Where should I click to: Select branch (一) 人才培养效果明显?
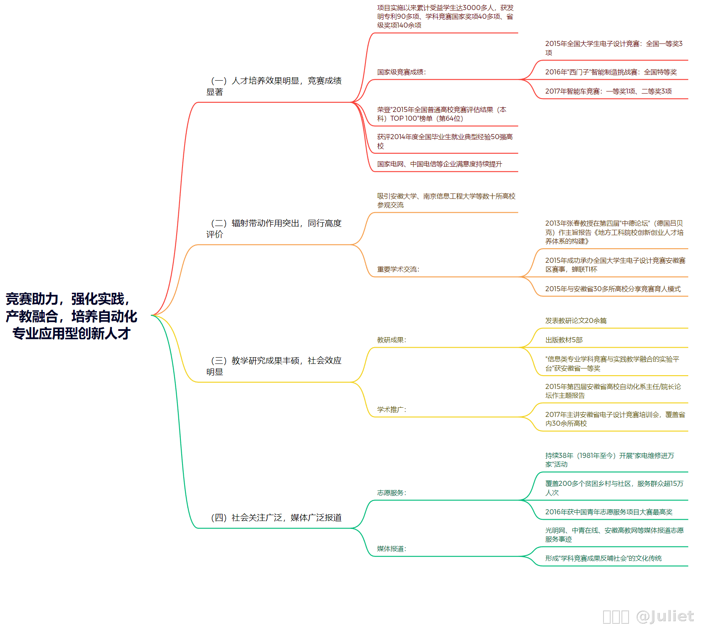(274, 86)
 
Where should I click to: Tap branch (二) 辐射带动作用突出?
(274, 229)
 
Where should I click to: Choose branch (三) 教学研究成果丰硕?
(274, 366)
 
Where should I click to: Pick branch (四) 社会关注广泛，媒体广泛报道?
(276, 518)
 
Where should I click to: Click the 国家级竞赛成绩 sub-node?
(401, 72)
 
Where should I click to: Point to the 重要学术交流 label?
(398, 269)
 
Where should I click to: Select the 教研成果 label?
(391, 340)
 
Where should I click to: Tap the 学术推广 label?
(391, 409)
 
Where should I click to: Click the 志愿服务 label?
(391, 493)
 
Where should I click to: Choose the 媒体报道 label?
(391, 549)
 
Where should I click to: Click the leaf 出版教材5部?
(564, 340)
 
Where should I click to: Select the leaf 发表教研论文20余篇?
(576, 320)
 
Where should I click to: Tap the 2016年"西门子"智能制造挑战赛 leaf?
(611, 72)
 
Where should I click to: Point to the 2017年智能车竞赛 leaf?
(608, 91)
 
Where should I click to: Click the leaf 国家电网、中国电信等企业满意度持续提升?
(439, 164)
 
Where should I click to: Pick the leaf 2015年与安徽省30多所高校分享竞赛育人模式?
(613, 289)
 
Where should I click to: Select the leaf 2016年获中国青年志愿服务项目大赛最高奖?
(609, 512)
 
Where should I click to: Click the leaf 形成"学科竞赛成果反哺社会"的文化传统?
(603, 558)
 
